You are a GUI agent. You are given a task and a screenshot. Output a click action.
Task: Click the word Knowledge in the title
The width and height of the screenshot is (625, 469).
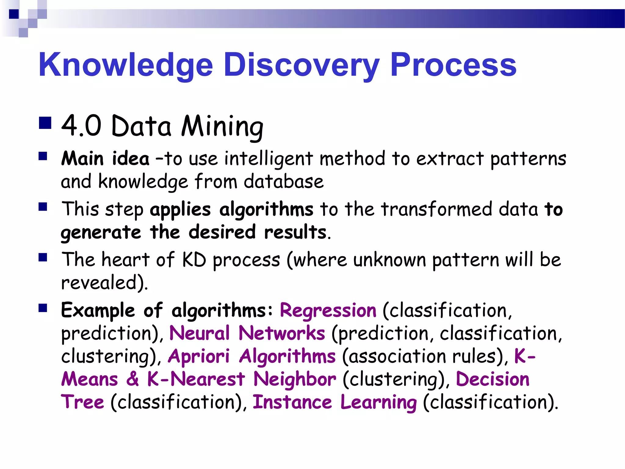(125, 65)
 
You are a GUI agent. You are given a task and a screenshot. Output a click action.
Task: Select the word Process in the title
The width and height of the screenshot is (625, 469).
(453, 65)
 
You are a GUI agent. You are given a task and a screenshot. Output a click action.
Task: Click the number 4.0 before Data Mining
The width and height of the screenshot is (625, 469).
(81, 126)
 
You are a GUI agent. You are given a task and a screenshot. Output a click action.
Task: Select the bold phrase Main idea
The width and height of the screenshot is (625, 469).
(105, 159)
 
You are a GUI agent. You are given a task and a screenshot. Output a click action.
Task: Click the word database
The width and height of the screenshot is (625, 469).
(284, 182)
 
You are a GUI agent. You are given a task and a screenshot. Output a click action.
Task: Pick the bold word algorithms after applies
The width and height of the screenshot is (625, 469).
(266, 209)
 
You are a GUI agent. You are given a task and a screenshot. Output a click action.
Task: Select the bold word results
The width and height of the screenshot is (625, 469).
(295, 232)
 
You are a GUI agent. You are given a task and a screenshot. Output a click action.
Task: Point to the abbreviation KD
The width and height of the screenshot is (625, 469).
(194, 260)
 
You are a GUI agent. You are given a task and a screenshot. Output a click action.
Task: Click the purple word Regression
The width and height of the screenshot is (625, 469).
(328, 311)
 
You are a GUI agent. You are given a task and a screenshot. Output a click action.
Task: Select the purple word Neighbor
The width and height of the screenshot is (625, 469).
(294, 379)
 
